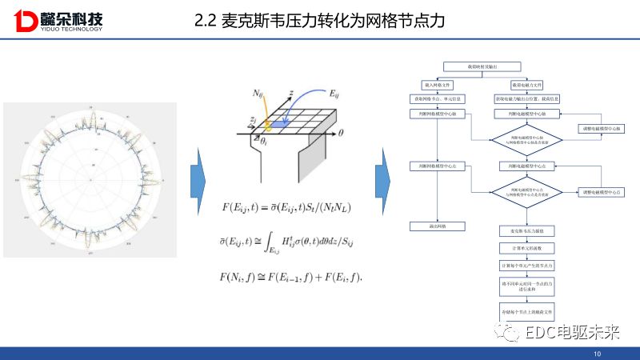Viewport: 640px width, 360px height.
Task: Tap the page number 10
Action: (x=597, y=354)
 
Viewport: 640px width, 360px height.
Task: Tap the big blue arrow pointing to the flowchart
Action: (x=383, y=179)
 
